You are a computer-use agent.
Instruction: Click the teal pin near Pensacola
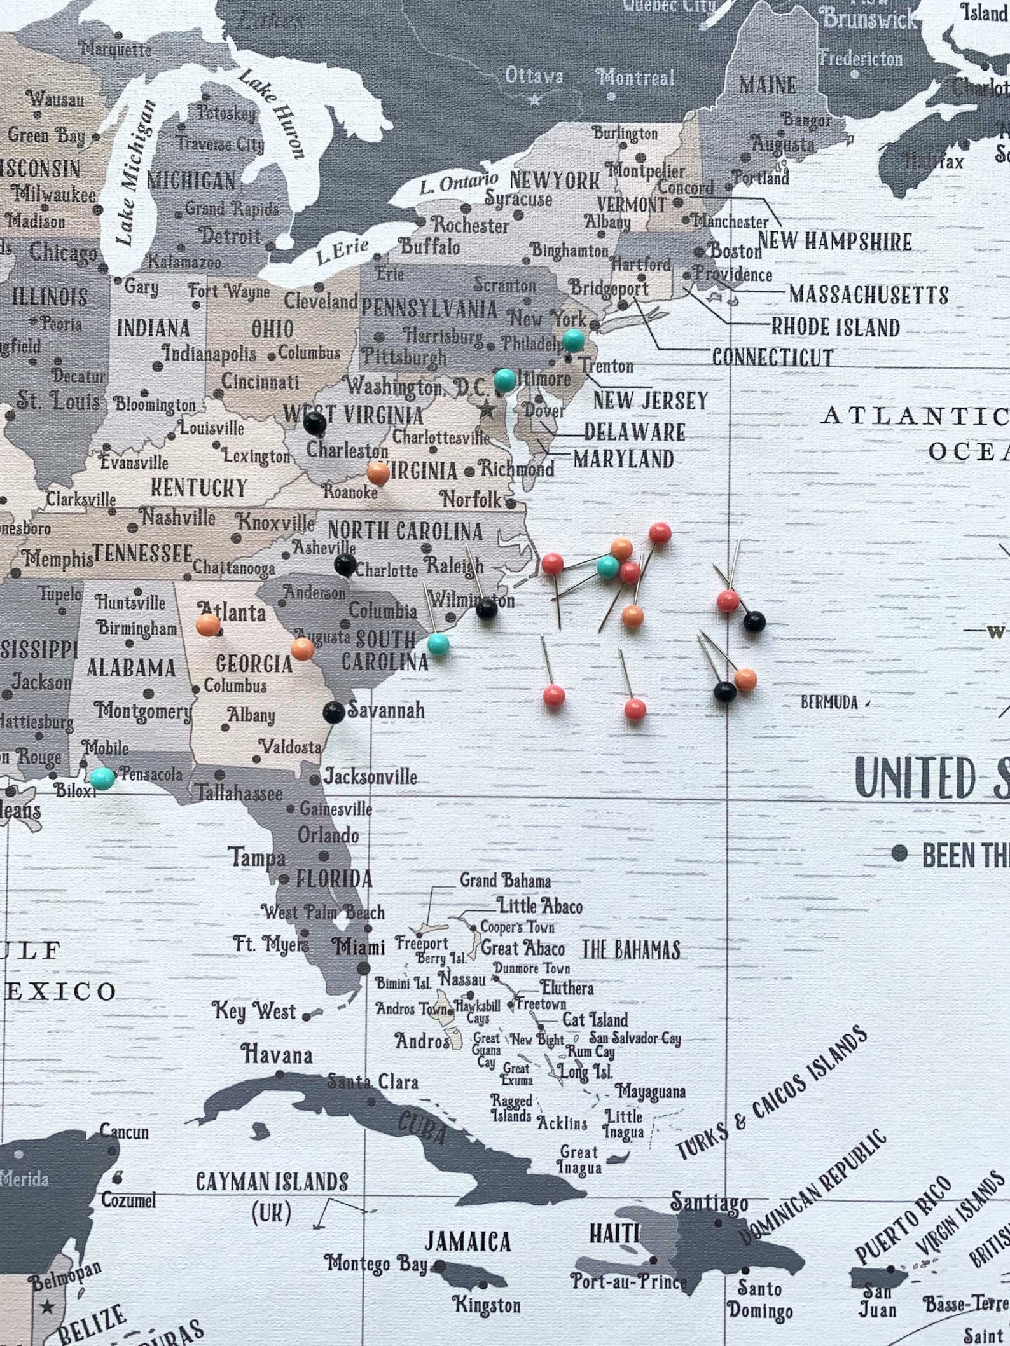102,778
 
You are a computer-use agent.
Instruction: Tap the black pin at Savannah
333,712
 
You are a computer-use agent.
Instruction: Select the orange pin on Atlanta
208,625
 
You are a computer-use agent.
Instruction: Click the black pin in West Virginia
314,423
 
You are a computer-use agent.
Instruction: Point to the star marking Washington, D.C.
487,409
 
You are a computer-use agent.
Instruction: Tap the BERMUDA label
829,703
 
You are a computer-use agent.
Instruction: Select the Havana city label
277,1055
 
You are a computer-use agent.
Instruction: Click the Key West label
254,1012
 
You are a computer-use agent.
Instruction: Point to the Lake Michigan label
135,173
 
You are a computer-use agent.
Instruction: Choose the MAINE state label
767,85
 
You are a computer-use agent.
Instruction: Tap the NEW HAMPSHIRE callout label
834,242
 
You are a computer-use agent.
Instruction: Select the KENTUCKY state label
198,488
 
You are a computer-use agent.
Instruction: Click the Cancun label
125,1132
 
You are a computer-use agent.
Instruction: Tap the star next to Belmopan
46,1307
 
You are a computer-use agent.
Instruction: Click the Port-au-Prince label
628,1281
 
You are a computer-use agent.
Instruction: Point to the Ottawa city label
534,76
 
